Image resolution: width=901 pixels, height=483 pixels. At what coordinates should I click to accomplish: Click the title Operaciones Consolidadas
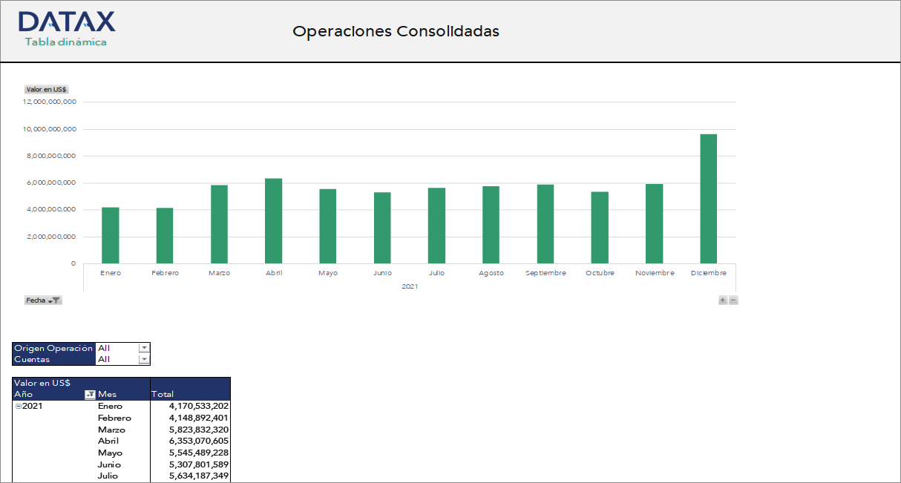point(396,31)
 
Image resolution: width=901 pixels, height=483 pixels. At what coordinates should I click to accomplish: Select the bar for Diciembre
point(708,199)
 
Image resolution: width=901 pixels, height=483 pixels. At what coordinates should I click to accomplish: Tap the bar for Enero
point(111,235)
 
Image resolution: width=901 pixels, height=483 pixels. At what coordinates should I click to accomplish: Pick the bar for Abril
point(273,221)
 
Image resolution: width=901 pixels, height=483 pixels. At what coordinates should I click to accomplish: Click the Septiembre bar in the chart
point(545,224)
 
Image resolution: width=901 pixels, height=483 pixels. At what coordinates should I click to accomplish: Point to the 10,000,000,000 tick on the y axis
point(50,129)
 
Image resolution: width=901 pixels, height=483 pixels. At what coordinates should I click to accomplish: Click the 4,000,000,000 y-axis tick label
point(50,210)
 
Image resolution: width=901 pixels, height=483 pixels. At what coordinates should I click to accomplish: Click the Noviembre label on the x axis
point(655,273)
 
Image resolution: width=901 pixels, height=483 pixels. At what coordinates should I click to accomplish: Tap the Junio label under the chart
point(382,273)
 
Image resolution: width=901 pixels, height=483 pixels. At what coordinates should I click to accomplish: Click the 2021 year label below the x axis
point(409,286)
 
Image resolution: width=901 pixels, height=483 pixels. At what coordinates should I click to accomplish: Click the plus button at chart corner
point(723,300)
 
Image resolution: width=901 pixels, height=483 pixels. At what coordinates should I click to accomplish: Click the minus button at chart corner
point(733,300)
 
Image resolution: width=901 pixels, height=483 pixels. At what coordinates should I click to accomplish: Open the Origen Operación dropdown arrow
point(144,348)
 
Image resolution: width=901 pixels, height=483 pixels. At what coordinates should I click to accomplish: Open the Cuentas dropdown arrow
point(144,359)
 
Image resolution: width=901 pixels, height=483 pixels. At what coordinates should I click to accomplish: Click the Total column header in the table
point(163,394)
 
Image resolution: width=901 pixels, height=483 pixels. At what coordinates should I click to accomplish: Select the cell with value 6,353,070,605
point(198,441)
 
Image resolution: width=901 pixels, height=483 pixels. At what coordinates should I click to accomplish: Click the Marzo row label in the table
point(111,430)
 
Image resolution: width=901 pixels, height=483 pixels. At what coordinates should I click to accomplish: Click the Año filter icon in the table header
point(91,395)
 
